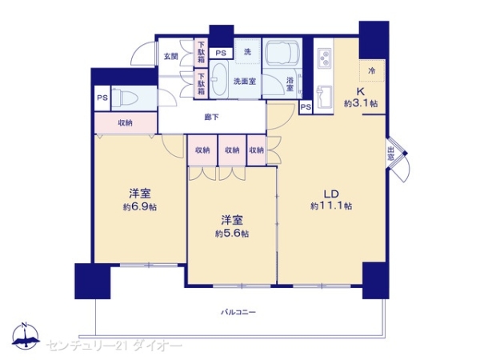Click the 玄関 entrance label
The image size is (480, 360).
170,57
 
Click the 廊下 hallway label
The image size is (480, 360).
213,118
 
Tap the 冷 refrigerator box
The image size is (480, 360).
370,70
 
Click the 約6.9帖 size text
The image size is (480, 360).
141,206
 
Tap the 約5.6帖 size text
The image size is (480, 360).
231,234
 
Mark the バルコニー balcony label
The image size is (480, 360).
238,311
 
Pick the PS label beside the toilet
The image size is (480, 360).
102,98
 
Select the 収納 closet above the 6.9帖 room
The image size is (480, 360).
125,122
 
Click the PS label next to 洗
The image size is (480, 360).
220,54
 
